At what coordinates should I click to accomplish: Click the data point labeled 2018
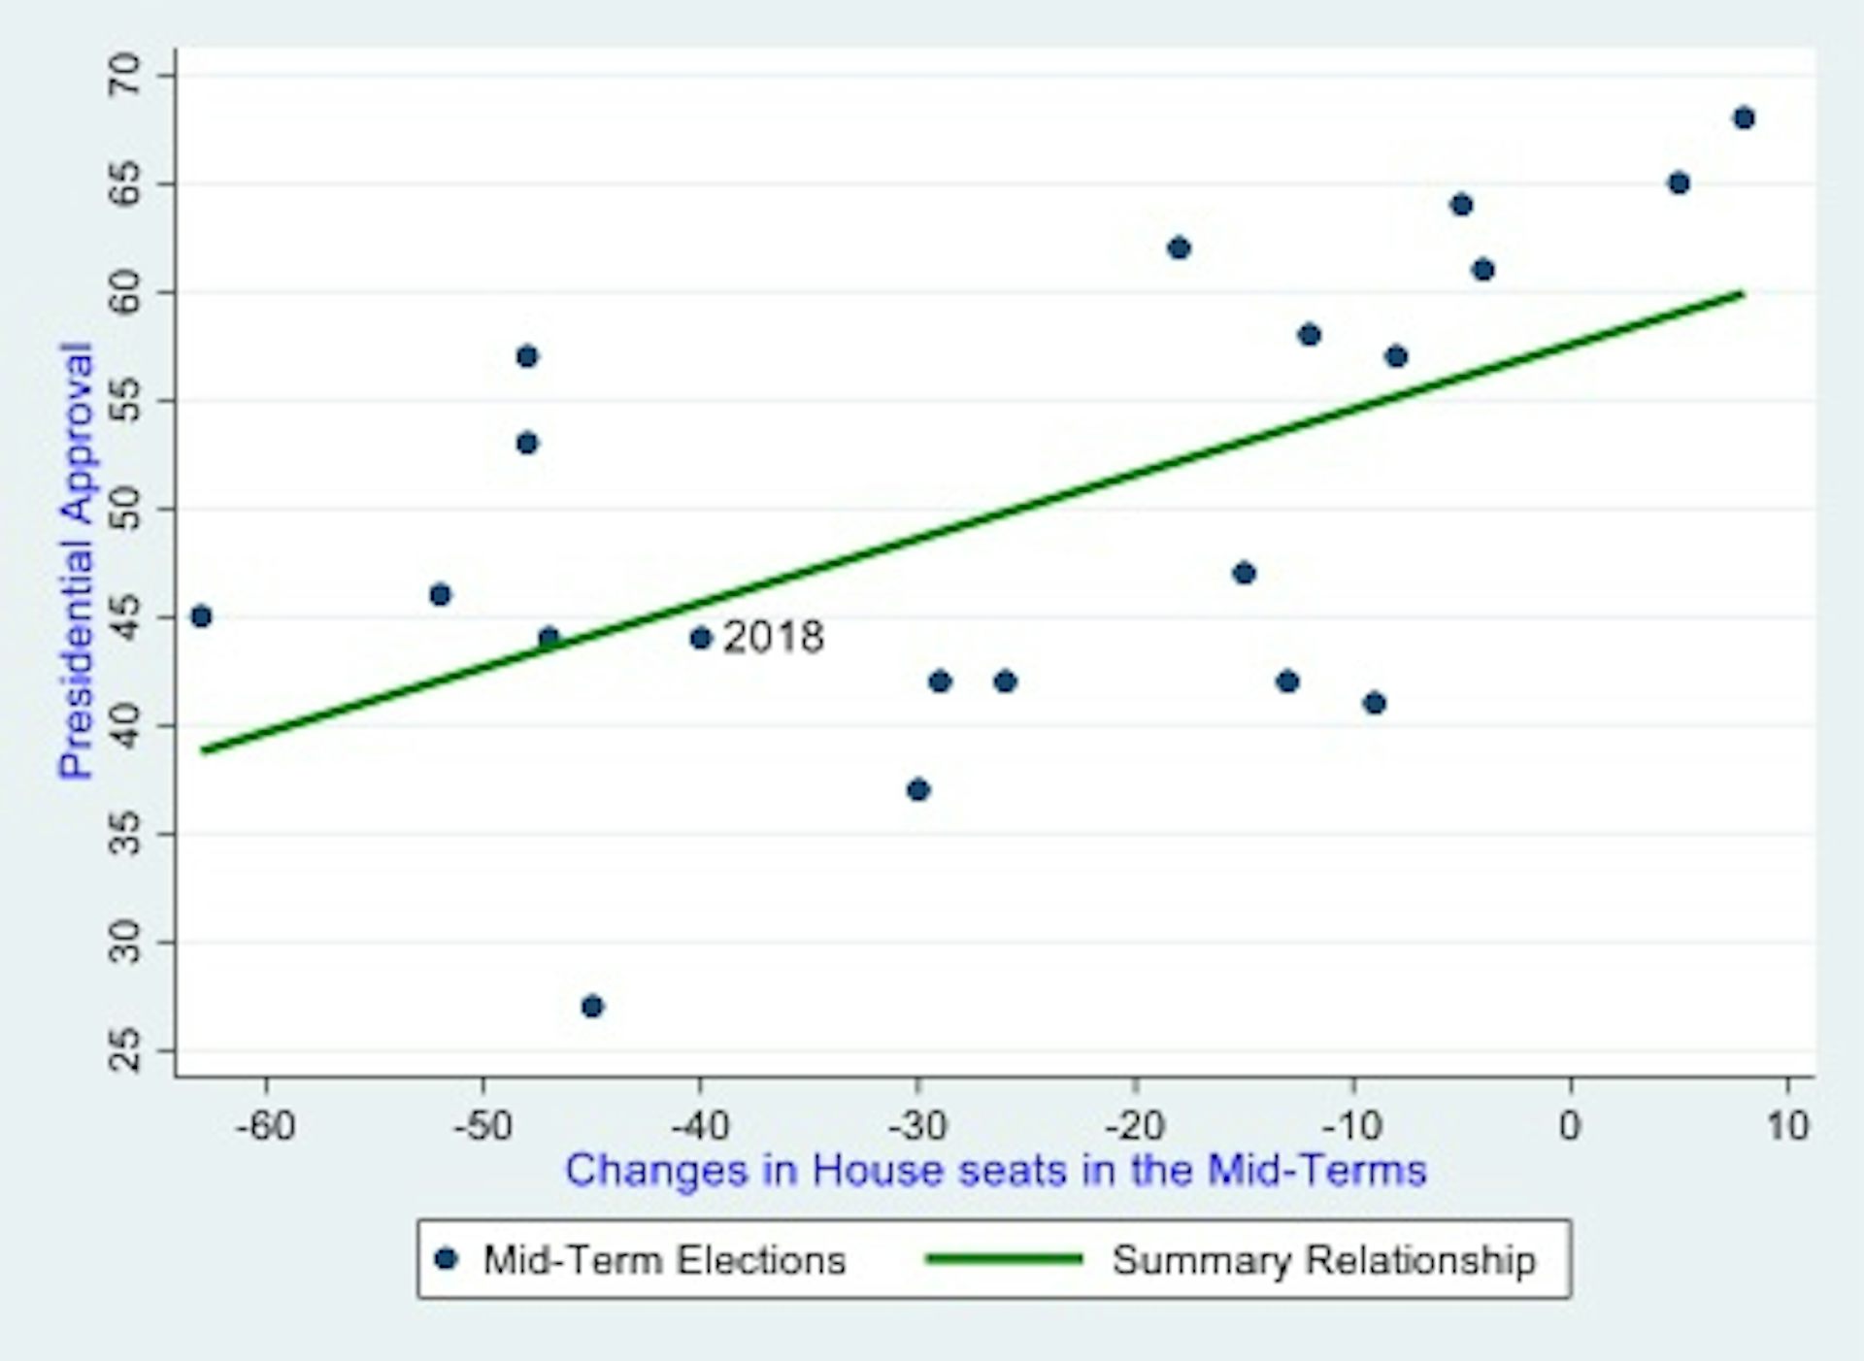coord(701,638)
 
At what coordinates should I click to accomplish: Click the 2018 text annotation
coord(774,638)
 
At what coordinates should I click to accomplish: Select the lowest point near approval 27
coord(592,1006)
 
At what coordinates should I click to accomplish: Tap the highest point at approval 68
coord(1744,118)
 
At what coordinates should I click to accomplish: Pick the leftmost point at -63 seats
coord(201,616)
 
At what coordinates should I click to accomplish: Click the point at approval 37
coord(918,789)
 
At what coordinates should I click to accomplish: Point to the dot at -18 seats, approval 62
coord(1179,249)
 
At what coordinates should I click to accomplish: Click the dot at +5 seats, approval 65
coord(1679,183)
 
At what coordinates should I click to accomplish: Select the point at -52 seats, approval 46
coord(440,594)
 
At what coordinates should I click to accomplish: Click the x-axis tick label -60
coord(266,1126)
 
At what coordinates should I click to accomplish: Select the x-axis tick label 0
coord(1570,1126)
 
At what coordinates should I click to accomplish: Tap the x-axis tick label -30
coord(917,1126)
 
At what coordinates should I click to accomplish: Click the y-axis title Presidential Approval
coord(76,560)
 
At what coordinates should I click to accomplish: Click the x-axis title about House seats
coord(996,1171)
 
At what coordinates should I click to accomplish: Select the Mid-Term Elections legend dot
coord(447,1259)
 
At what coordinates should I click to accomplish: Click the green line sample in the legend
coord(1004,1259)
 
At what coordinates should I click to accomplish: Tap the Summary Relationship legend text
coord(1324,1260)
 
